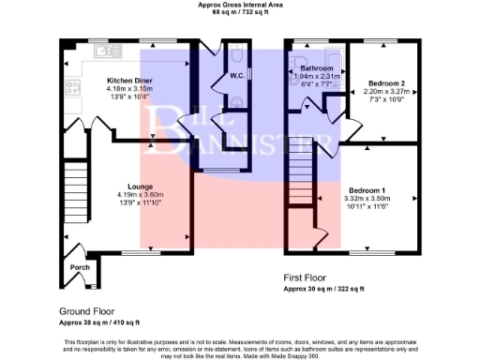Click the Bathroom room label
(x=317, y=69)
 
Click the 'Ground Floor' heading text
(x=87, y=310)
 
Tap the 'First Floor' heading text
(x=307, y=278)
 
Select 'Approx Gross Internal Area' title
(x=239, y=5)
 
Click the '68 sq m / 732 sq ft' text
(x=239, y=13)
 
